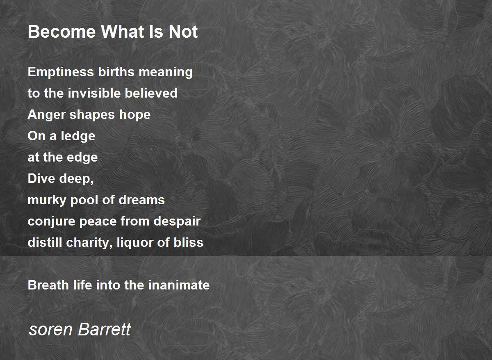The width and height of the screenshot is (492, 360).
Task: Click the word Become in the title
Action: (x=62, y=32)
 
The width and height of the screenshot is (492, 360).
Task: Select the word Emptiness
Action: (x=61, y=72)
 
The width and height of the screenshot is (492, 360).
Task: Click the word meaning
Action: (x=166, y=73)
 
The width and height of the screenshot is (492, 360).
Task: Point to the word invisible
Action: (x=94, y=93)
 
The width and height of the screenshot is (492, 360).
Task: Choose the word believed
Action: (x=151, y=93)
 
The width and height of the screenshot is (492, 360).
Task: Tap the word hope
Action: (x=135, y=115)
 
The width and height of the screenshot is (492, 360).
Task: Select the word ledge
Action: (x=78, y=136)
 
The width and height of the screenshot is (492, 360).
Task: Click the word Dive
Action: (x=41, y=178)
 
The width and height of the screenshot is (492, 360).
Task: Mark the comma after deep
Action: (x=91, y=182)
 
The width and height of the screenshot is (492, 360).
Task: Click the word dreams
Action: (x=142, y=200)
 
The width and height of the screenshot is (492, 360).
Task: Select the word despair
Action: (x=177, y=221)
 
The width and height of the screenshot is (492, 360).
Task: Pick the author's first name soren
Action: (x=50, y=330)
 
